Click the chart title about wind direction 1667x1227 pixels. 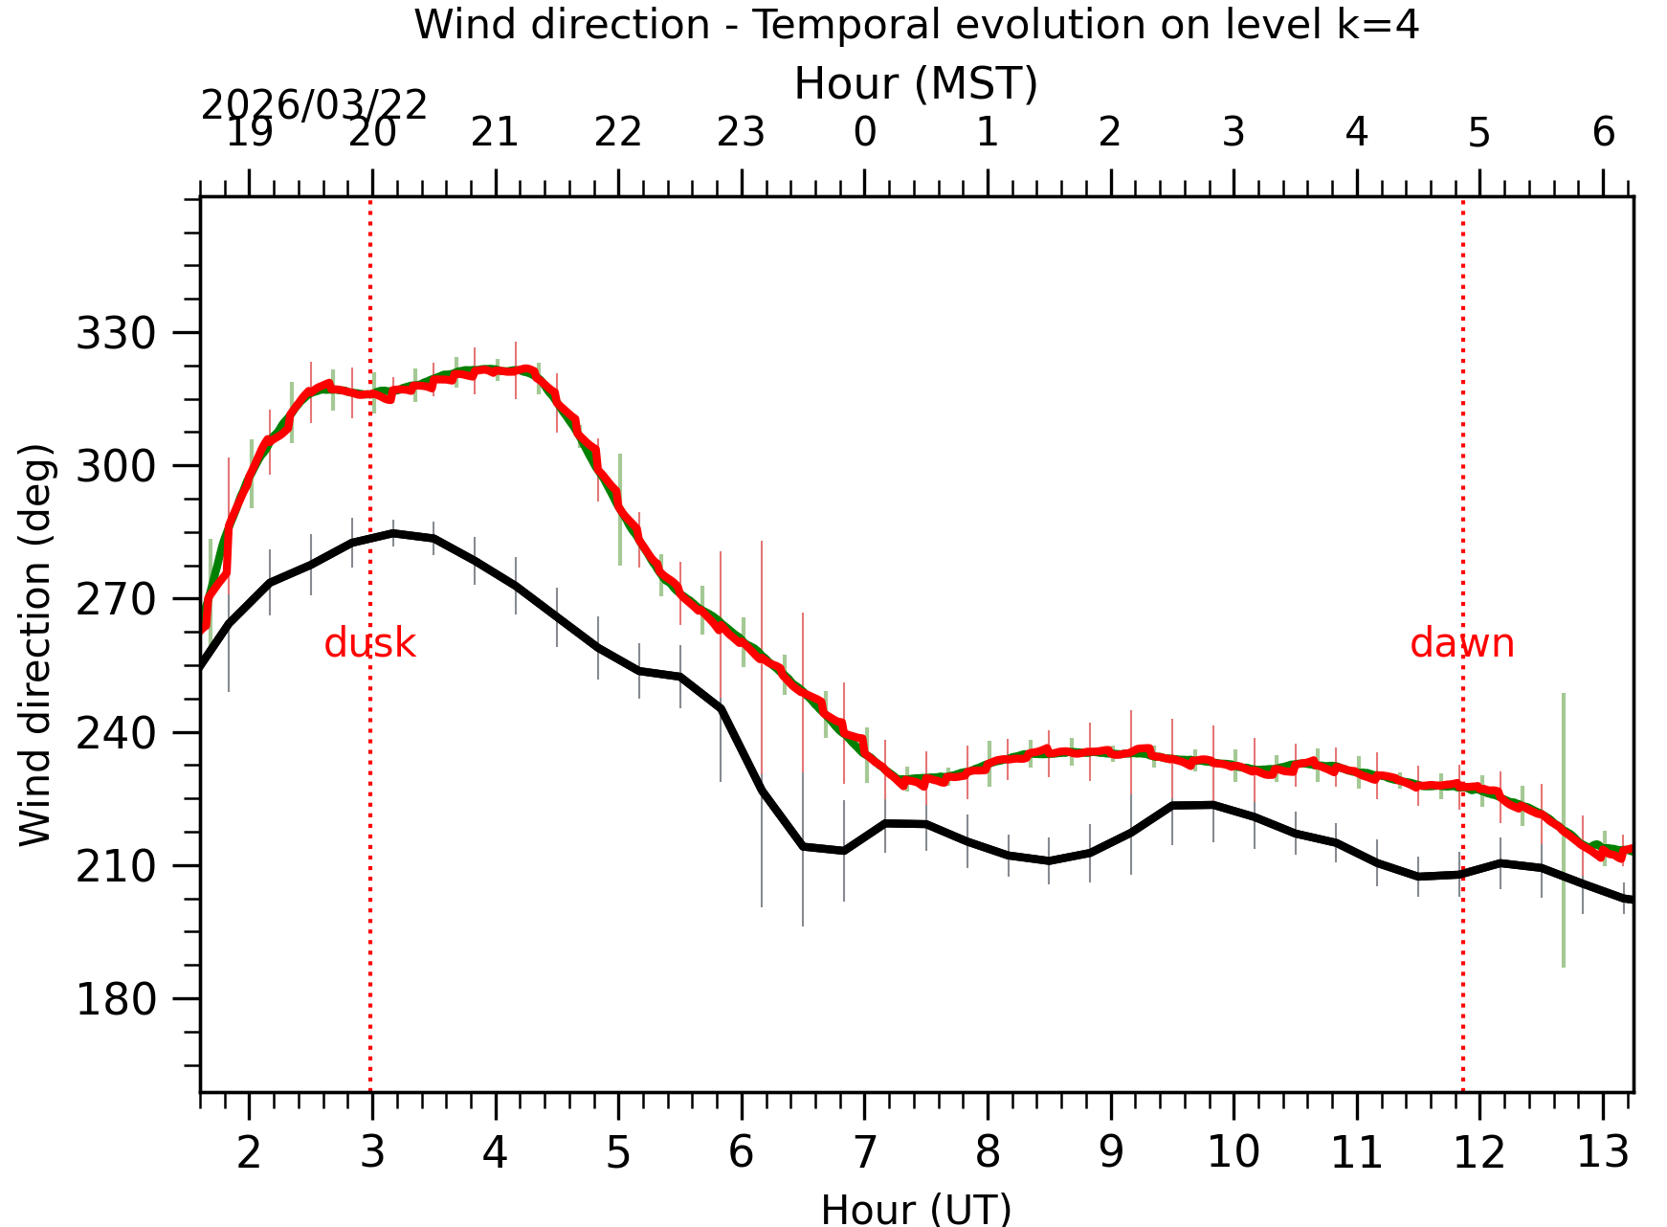tap(916, 25)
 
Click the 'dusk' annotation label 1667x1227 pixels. tap(369, 643)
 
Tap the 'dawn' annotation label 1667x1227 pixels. tap(1461, 643)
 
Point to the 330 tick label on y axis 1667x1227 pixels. tap(115, 334)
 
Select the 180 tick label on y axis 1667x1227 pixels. tap(115, 1000)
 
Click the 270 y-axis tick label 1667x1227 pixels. tap(115, 600)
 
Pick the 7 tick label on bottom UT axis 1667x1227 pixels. tap(865, 1152)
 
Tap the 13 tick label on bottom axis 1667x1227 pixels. tap(1602, 1152)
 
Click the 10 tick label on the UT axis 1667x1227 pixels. tap(1233, 1152)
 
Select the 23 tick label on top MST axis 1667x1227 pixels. tap(741, 132)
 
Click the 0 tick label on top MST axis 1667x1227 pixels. tap(865, 132)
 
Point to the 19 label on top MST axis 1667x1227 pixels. tap(249, 132)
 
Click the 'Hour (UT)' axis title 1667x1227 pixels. tap(916, 1210)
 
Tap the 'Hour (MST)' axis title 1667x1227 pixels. tap(916, 84)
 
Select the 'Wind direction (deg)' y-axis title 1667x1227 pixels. tap(36, 644)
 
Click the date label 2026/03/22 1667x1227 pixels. tap(314, 105)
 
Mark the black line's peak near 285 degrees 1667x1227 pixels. tap(393, 532)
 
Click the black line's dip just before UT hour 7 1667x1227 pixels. tap(843, 851)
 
